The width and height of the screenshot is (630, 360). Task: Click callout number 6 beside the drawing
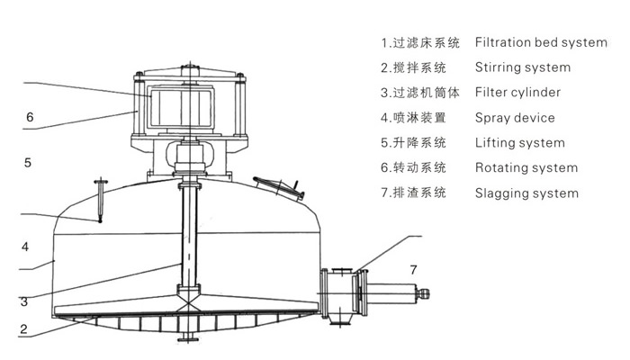(x=30, y=117)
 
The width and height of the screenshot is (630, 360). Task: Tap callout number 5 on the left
(x=28, y=163)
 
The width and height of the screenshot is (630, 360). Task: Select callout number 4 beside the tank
(x=26, y=246)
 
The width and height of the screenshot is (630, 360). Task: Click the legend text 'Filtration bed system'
(x=540, y=42)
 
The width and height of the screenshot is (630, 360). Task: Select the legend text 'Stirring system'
(x=522, y=67)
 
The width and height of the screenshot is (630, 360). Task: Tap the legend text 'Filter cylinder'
(x=517, y=93)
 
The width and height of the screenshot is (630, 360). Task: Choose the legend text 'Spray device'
(x=515, y=118)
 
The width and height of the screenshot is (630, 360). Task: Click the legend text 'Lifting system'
(x=519, y=143)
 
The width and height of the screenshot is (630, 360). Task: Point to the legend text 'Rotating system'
(x=526, y=167)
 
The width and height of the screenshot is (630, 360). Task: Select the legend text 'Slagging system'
(x=526, y=193)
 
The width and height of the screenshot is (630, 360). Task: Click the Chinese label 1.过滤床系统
(x=420, y=42)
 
